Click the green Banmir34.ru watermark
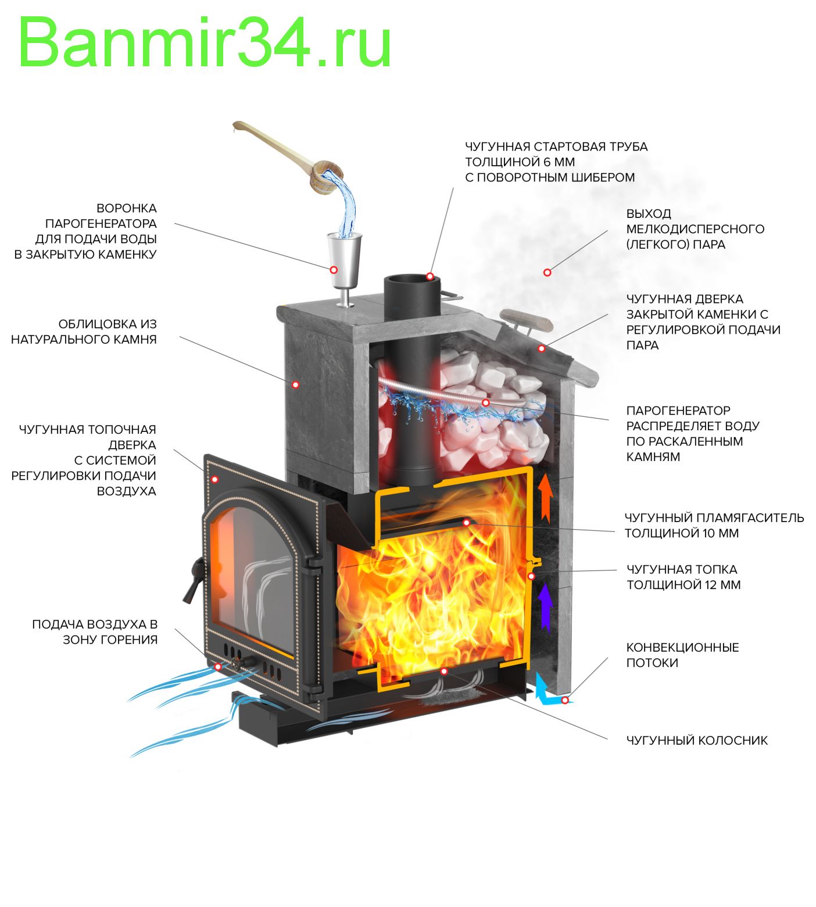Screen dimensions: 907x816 click(205, 42)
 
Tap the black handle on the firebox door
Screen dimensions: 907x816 click(194, 581)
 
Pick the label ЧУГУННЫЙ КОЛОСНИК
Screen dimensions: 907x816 click(696, 740)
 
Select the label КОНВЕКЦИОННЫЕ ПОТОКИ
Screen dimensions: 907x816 click(682, 655)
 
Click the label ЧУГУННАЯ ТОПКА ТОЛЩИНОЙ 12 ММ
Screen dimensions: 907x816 click(683, 577)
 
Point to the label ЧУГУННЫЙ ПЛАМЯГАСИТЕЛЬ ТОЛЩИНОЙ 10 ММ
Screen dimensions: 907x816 click(714, 525)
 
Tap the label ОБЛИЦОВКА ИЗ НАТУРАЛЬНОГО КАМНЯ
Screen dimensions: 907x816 click(84, 332)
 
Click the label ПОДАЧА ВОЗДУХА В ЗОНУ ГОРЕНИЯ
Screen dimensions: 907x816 click(95, 632)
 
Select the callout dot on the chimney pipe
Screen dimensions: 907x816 click(430, 276)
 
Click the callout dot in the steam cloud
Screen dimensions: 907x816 click(547, 272)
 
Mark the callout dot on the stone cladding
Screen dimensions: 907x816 click(295, 384)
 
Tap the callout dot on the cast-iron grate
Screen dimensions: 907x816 click(444, 671)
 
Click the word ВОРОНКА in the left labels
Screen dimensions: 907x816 click(126, 208)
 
